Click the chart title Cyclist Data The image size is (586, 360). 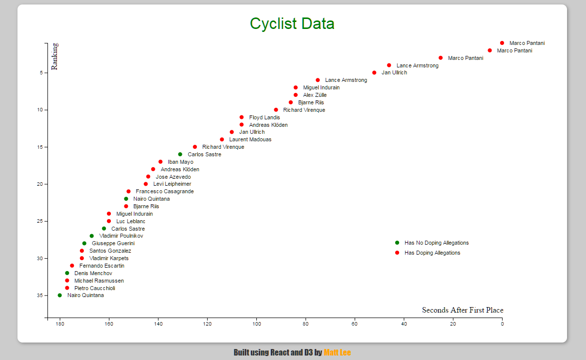[292, 23]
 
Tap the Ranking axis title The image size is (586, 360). [54, 56]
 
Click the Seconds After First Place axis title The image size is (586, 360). [463, 310]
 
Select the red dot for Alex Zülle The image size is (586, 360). [296, 95]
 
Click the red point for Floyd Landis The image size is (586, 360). [242, 117]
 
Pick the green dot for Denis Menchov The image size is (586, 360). [67, 273]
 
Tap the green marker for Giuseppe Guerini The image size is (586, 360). [84, 243]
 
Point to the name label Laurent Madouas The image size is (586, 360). [250, 139]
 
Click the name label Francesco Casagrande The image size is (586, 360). [165, 191]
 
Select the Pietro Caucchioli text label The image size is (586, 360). [95, 288]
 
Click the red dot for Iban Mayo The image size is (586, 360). [160, 162]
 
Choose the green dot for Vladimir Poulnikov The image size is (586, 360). [91, 236]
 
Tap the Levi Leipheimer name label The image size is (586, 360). [172, 184]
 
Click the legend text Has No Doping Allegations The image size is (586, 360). [437, 243]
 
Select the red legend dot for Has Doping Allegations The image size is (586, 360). [397, 253]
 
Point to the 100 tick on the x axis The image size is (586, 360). [256, 324]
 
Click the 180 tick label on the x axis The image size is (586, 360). [60, 324]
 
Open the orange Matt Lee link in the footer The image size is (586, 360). [337, 353]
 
